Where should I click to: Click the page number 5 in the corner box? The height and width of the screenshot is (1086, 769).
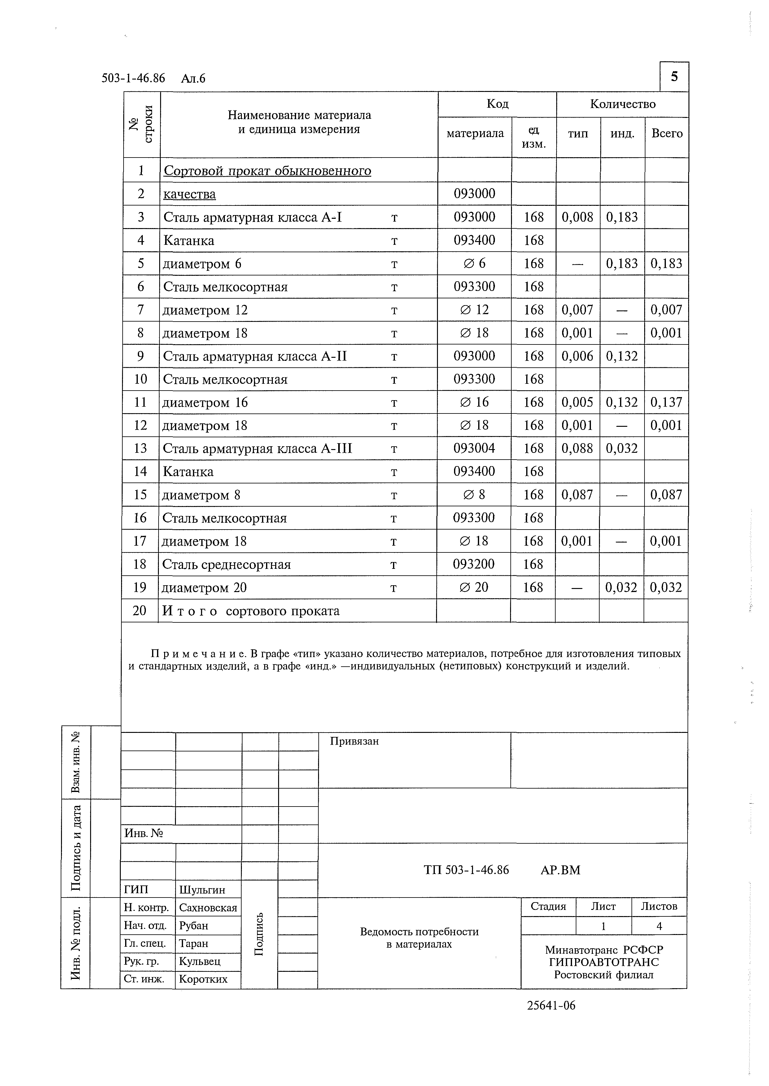(674, 76)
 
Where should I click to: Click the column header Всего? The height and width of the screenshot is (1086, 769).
(667, 134)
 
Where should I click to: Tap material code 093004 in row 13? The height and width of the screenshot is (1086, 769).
(474, 448)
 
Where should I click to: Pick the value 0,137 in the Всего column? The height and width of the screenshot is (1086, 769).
(666, 402)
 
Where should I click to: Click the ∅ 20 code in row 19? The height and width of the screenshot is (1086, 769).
(474, 587)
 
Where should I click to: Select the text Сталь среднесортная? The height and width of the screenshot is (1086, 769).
(226, 565)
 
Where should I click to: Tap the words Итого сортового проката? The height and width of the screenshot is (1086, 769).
(251, 611)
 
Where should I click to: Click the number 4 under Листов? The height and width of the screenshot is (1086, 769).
(659, 926)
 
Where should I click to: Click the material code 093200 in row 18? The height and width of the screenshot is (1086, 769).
(474, 564)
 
